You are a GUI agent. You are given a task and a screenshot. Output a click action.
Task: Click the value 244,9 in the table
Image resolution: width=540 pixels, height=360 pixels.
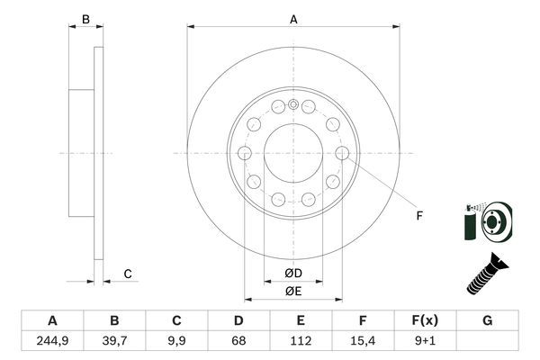point(52,340)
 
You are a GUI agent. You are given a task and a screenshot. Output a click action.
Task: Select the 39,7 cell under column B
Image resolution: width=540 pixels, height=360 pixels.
point(114,340)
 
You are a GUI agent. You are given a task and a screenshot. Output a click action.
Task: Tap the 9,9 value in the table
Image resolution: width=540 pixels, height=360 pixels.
point(176,340)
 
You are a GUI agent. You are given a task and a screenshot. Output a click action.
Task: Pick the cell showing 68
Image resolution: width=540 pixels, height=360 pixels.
point(238,340)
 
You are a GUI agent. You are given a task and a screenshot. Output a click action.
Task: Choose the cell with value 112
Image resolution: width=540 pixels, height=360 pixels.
point(301,340)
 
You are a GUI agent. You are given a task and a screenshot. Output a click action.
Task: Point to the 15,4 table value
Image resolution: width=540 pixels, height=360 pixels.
point(363,340)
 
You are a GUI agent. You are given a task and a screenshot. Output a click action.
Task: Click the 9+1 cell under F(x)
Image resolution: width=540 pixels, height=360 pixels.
point(425,340)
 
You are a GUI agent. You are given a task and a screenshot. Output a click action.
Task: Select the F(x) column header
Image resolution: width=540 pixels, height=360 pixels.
point(425,320)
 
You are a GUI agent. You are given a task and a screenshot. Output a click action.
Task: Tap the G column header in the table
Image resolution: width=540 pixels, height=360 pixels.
point(487,320)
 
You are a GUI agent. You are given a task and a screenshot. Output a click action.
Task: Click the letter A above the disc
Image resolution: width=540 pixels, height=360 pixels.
point(293,18)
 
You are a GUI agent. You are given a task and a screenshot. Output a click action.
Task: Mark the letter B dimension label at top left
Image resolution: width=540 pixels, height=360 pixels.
point(85,19)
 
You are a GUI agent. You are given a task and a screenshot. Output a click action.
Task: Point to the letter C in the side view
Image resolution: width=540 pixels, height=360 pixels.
point(128,274)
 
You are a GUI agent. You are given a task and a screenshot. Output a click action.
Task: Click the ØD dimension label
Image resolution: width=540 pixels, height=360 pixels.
point(293,273)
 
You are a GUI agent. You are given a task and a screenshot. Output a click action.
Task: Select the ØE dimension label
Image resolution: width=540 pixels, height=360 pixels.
point(293,290)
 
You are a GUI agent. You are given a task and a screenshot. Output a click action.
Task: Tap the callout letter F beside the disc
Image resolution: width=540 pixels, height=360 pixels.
point(418,215)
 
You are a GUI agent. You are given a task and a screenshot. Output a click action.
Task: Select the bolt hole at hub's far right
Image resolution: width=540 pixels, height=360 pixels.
point(342,154)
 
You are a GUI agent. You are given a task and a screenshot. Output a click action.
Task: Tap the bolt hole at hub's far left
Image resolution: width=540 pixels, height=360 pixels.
point(244,154)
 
